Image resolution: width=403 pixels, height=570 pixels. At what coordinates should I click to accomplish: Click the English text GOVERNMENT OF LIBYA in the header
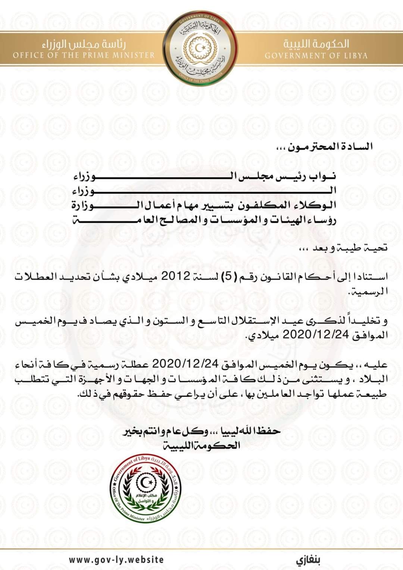click(316, 56)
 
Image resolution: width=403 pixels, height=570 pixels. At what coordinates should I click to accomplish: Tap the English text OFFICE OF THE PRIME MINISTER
click(84, 55)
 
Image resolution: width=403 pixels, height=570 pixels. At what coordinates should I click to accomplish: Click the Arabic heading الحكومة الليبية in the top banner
click(316, 44)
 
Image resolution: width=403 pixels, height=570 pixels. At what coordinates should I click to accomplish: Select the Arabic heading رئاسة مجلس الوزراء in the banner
click(84, 44)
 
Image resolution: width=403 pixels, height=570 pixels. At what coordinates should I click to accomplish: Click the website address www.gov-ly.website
click(116, 560)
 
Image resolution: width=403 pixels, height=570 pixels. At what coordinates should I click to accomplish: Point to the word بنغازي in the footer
click(309, 560)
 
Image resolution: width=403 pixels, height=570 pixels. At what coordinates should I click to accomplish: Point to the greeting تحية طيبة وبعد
click(346, 248)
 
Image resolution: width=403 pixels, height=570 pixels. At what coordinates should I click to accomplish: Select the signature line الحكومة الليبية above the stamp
click(201, 445)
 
